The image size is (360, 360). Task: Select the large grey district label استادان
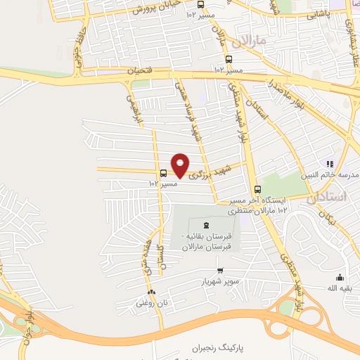click(x=327, y=198)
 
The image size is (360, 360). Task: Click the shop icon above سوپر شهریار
click(x=220, y=270)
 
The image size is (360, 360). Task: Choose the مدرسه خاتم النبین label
click(x=330, y=174)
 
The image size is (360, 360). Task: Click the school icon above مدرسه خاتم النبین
click(x=330, y=164)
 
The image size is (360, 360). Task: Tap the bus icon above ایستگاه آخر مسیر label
click(x=257, y=188)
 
